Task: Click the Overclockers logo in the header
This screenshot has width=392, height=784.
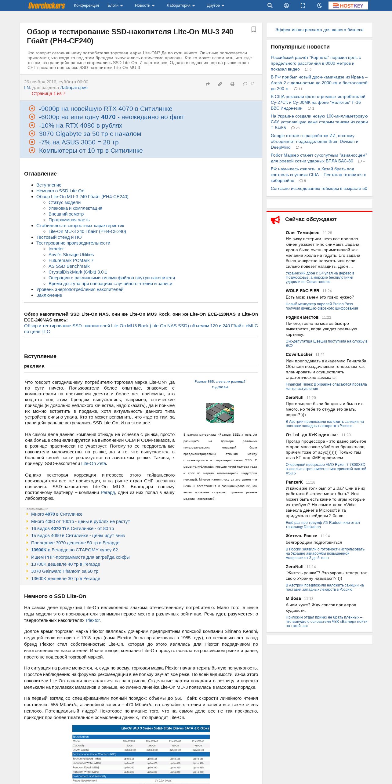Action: [x=46, y=5]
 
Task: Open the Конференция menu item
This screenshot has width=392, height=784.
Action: [x=86, y=5]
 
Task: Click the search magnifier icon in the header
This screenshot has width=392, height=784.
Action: [x=270, y=5]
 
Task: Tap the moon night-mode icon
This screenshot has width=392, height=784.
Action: [x=319, y=5]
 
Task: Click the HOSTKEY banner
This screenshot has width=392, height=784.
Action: [x=348, y=5]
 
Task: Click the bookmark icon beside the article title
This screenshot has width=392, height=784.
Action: [x=254, y=30]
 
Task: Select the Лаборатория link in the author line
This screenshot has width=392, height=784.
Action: [x=74, y=88]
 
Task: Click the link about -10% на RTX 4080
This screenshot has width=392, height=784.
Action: [x=80, y=125]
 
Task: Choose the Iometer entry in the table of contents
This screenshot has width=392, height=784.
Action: [x=56, y=249]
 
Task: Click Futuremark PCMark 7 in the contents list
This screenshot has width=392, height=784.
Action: [x=71, y=260]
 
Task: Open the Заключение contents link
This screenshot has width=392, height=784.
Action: [x=49, y=295]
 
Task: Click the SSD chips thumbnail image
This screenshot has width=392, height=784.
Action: [x=220, y=413]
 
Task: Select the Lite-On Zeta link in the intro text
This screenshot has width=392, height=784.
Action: [x=93, y=463]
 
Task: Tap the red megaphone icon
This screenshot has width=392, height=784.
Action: [x=275, y=220]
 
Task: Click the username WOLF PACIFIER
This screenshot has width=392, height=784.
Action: [x=302, y=291]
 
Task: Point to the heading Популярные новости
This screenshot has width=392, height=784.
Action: [x=300, y=47]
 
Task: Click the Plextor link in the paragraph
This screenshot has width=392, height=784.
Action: [x=93, y=620]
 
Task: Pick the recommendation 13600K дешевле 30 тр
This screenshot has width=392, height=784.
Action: [x=65, y=579]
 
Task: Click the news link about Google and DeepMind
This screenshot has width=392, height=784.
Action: [x=314, y=141]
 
